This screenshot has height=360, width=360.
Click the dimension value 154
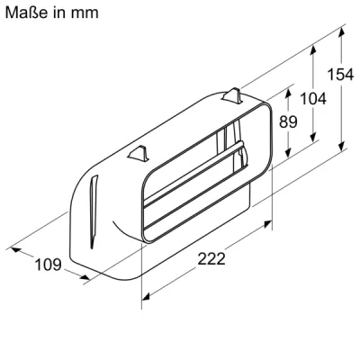click(x=339, y=75)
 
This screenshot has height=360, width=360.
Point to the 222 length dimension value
click(x=211, y=258)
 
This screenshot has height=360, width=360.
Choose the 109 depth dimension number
click(x=49, y=264)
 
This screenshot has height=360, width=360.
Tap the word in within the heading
click(x=57, y=13)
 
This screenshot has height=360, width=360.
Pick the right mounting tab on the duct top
click(x=231, y=94)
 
